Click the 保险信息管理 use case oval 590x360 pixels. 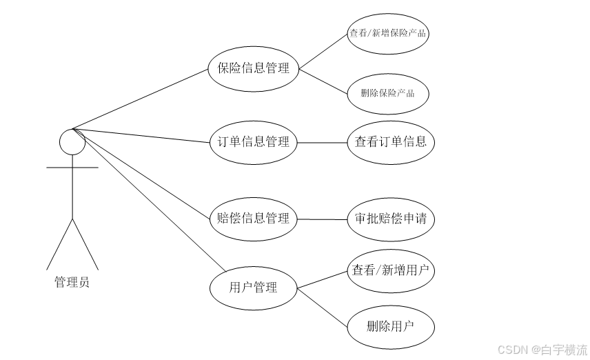coord(253,68)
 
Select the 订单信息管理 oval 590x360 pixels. coord(253,142)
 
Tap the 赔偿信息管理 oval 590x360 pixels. coord(253,219)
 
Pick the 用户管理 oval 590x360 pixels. coord(253,287)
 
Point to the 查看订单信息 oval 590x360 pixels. coord(391,142)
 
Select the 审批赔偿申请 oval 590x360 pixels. coord(391,219)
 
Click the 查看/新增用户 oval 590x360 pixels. coord(391,270)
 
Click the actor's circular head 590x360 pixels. coord(72,141)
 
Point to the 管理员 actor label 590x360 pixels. coord(72,282)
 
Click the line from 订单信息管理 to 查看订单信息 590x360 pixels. coord(322,143)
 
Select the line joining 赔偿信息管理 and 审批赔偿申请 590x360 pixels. coord(322,219)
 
